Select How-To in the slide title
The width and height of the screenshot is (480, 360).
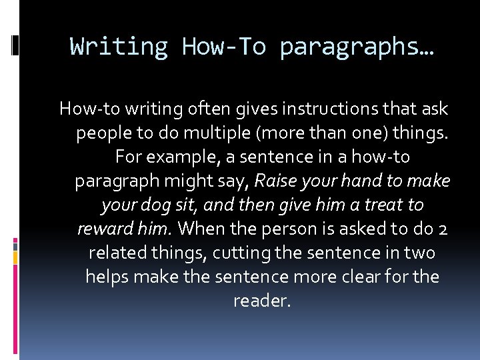(223, 47)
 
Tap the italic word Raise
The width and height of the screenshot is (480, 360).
(276, 181)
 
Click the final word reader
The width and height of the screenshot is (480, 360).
(262, 301)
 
